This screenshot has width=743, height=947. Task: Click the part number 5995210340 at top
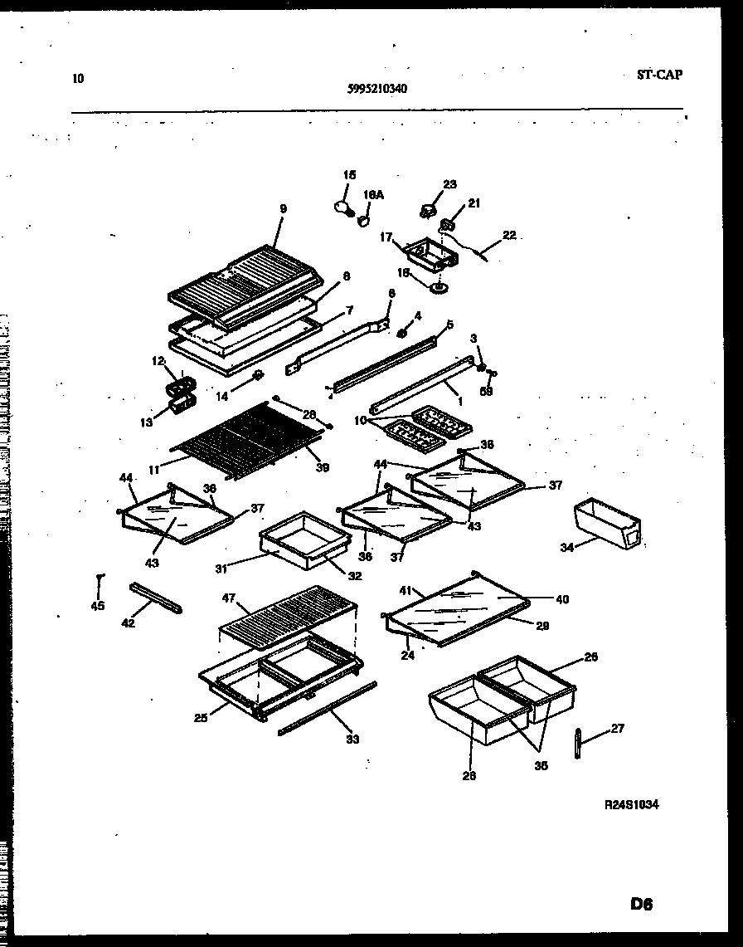(x=376, y=89)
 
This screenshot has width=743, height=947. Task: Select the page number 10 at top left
(x=78, y=80)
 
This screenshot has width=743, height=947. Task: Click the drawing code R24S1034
(x=633, y=804)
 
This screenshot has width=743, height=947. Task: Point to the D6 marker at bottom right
(x=641, y=906)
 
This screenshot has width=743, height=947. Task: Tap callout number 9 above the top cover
(x=283, y=209)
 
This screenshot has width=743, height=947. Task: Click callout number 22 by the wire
(x=509, y=236)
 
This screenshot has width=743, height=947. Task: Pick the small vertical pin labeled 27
(x=575, y=741)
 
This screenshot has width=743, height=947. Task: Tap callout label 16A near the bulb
(x=373, y=195)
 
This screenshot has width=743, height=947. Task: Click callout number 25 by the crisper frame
(x=200, y=718)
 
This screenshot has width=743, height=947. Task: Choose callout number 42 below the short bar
(x=128, y=623)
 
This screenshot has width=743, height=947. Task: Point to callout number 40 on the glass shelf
(x=562, y=599)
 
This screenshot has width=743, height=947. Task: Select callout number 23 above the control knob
(x=449, y=184)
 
